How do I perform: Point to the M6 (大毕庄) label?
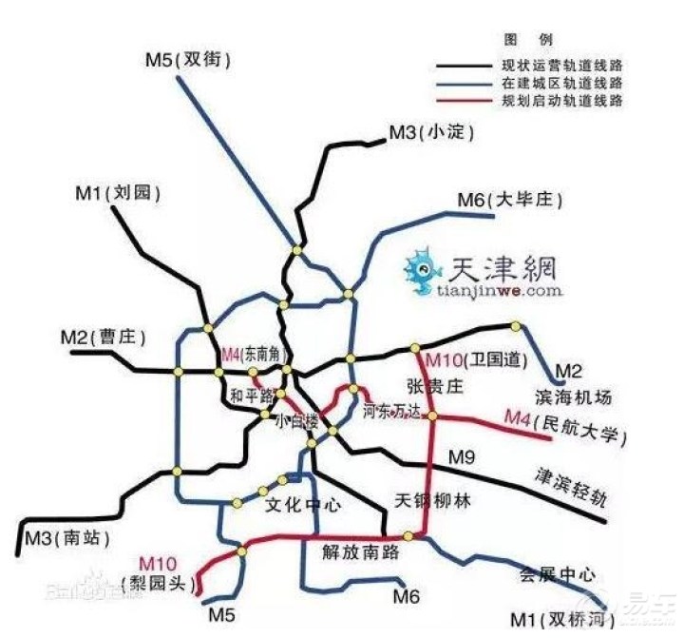tap(510, 201)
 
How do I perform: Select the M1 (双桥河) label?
tap(575, 615)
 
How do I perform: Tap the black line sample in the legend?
tap(465, 67)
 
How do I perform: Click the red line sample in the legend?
tap(465, 101)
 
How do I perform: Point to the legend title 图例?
tap(539, 40)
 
